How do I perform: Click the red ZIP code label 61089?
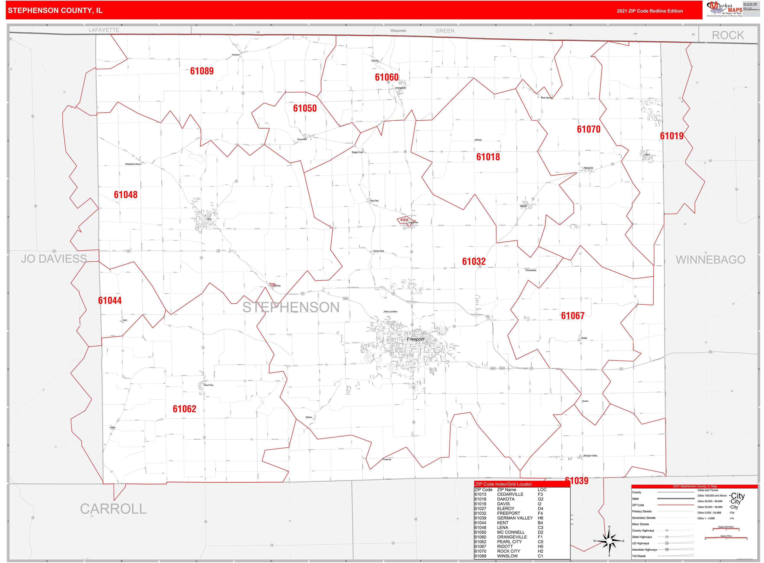[202, 71]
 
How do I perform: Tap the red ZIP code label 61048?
[125, 195]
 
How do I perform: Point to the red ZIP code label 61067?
[572, 315]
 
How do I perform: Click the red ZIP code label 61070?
[588, 129]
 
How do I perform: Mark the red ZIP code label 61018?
[488, 157]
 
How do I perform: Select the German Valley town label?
[590, 456]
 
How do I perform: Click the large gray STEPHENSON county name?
[291, 307]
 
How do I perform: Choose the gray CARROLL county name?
[113, 509]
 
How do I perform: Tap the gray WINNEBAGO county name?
[711, 260]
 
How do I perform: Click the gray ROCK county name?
[728, 36]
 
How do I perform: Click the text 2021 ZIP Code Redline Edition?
[649, 11]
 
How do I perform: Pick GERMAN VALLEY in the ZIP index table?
[515, 518]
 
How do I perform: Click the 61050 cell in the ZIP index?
[480, 532]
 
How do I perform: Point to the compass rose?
[609, 541]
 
